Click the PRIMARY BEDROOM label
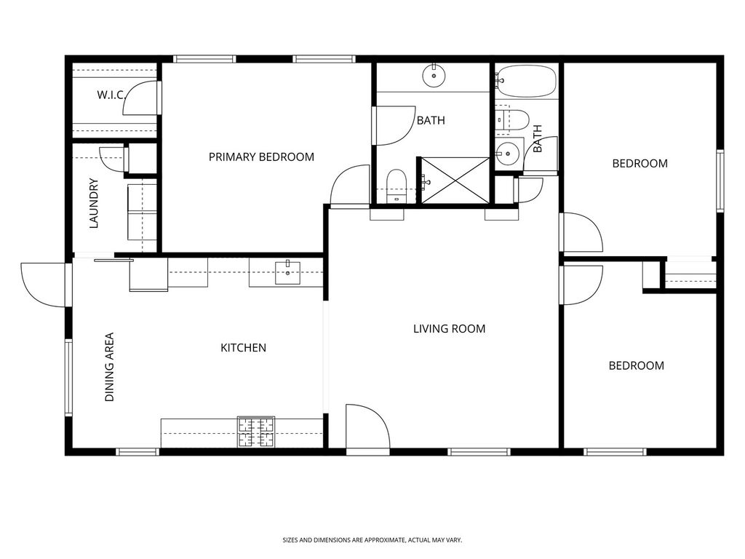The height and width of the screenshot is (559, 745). coord(261,156)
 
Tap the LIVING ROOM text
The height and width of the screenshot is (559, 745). coord(449,329)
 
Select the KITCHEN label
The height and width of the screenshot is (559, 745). coord(243,348)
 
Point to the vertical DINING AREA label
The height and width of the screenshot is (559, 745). coord(110,368)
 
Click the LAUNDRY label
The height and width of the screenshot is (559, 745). coord(94,204)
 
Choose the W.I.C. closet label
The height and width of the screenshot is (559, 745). coord(112,95)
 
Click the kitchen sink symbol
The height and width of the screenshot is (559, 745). coord(287,272)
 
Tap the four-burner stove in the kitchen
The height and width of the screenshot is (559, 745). coord(256,432)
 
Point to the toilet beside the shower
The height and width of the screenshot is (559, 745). coord(397,184)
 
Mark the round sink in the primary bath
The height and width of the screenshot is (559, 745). coord(434,75)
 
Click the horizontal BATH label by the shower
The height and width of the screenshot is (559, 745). coord(431,121)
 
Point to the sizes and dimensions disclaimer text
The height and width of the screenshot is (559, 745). coord(372,540)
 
